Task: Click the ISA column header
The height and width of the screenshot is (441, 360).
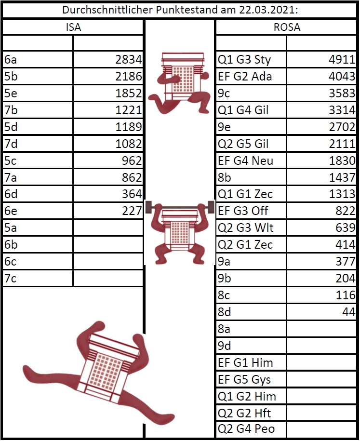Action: [x=73, y=27]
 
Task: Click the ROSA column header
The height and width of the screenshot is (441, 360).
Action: [x=287, y=27]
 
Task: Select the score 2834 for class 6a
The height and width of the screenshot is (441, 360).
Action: [x=129, y=59]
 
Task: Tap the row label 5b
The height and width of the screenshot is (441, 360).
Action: [x=11, y=76]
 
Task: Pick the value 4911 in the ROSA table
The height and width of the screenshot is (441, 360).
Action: [x=342, y=59]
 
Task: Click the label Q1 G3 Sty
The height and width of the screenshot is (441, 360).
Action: [x=244, y=60]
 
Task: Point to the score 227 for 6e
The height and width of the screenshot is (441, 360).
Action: [x=132, y=211]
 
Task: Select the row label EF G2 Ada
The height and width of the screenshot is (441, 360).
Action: [x=245, y=76]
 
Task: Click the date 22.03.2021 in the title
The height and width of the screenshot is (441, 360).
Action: [x=268, y=10]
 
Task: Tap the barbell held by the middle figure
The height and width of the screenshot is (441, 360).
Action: [x=180, y=207]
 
